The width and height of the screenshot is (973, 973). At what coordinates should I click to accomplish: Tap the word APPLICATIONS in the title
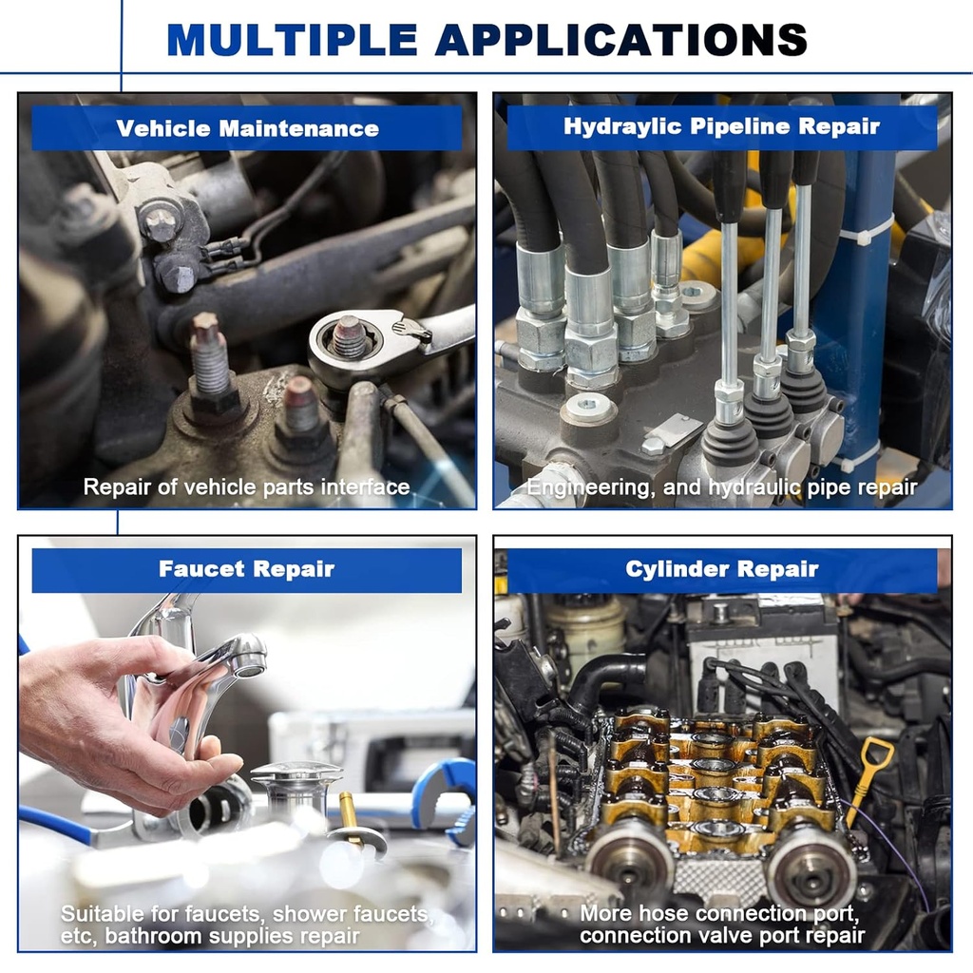click(621, 40)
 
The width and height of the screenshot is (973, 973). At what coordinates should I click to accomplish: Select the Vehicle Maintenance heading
click(247, 128)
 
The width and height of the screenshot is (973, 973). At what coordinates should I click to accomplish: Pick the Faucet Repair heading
click(246, 569)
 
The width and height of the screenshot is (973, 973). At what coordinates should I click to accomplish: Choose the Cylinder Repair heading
click(722, 569)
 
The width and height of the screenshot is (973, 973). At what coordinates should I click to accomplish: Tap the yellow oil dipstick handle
click(877, 755)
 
